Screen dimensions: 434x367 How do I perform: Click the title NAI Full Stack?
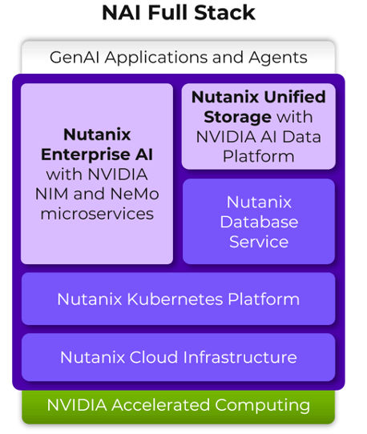click(x=178, y=13)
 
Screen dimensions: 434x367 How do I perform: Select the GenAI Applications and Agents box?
click(x=178, y=57)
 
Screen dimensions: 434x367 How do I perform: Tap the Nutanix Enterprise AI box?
click(x=97, y=173)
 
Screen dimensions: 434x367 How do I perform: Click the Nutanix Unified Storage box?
click(x=258, y=127)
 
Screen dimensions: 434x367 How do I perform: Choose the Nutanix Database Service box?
click(x=258, y=221)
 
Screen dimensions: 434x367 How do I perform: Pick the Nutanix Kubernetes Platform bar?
click(x=178, y=299)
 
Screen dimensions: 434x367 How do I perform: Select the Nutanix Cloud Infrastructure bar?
click(x=178, y=357)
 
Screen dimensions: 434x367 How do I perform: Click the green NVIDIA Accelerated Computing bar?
click(x=178, y=405)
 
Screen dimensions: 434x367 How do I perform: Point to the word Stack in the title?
click(x=226, y=13)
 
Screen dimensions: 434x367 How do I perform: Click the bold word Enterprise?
click(x=97, y=154)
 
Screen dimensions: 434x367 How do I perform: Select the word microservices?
click(x=97, y=213)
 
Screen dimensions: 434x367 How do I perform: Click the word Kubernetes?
click(x=174, y=299)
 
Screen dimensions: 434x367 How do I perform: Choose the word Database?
click(x=258, y=222)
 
